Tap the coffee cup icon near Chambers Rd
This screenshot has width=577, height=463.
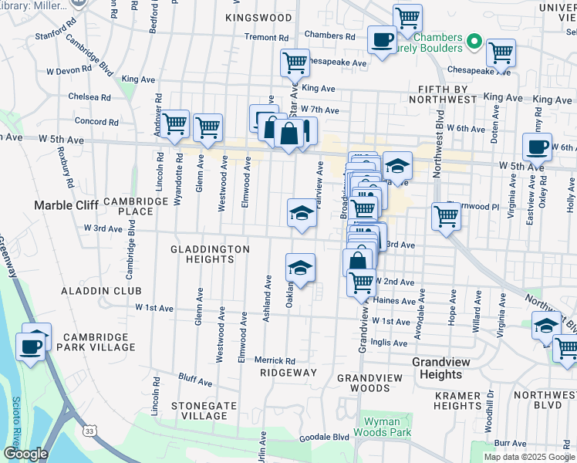[381, 39]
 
